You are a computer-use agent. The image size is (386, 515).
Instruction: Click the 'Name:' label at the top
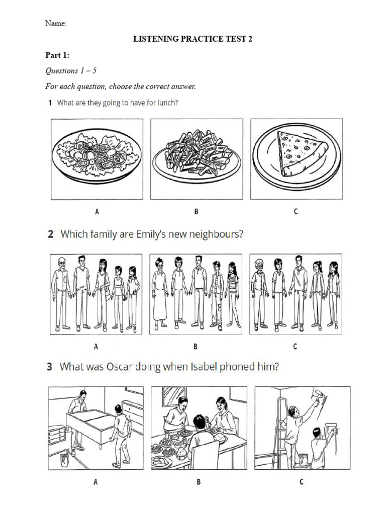pyautogui.click(x=56, y=23)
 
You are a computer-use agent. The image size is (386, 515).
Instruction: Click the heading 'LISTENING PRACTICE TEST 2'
pyautogui.click(x=192, y=39)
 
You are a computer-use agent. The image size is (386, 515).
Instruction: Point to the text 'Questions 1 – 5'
pyautogui.click(x=71, y=71)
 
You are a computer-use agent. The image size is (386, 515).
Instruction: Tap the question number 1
pyautogui.click(x=50, y=103)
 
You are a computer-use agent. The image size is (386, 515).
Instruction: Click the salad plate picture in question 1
pyautogui.click(x=95, y=152)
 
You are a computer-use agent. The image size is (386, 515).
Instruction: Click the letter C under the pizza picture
pyautogui.click(x=296, y=211)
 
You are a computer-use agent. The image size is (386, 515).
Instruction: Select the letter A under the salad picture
pyautogui.click(x=96, y=212)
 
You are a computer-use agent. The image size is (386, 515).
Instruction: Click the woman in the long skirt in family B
pyautogui.click(x=160, y=294)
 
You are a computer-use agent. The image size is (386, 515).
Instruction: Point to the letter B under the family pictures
pyautogui.click(x=197, y=346)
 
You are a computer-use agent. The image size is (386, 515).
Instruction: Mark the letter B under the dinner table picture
pyautogui.click(x=199, y=482)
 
